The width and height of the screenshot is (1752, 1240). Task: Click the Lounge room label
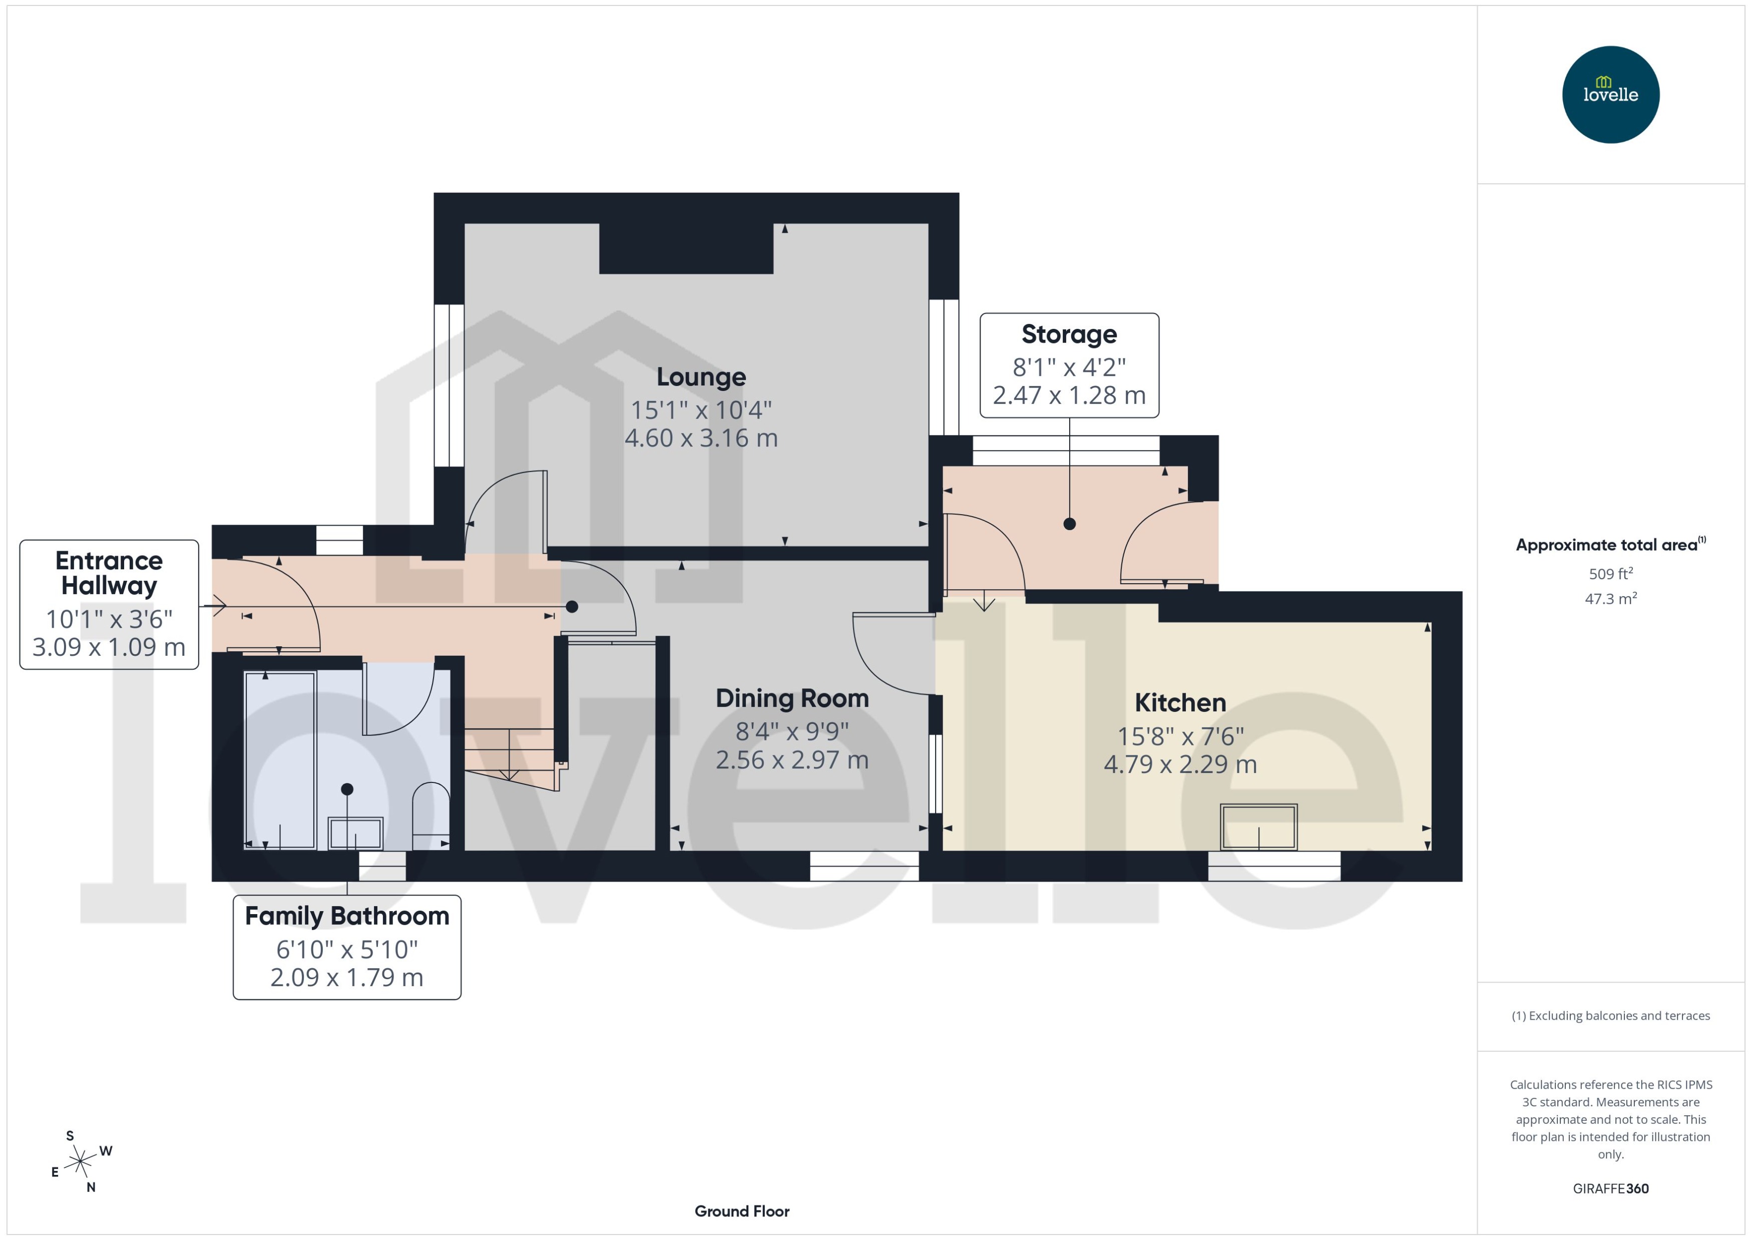coord(701,376)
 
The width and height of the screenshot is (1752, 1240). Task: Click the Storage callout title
coord(1068,334)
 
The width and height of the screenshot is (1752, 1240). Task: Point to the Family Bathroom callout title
coord(346,916)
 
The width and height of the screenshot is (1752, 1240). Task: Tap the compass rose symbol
coord(80,1162)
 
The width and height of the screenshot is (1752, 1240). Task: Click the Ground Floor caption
coord(741,1211)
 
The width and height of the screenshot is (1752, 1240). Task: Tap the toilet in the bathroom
coord(430,815)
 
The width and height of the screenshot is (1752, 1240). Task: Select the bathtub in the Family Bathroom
coord(280,760)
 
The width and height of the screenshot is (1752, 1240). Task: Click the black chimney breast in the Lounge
coord(685,248)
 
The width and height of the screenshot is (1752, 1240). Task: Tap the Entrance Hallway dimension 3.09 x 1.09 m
coord(109,647)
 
